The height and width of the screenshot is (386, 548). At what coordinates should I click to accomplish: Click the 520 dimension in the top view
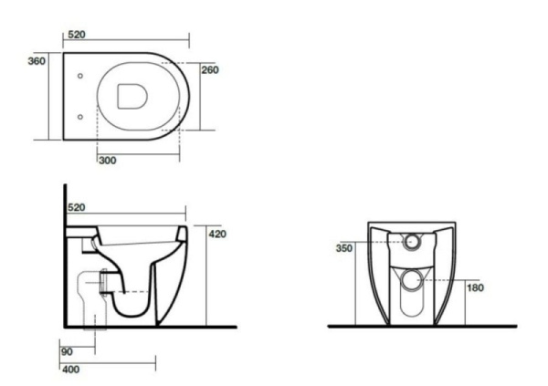77,33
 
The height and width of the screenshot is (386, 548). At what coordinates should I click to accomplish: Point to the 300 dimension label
107,161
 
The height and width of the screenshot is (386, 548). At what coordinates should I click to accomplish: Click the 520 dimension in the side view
77,208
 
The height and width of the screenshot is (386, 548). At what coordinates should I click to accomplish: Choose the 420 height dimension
217,234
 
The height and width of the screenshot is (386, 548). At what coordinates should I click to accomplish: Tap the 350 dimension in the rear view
344,247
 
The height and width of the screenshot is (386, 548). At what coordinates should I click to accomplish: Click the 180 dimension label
476,288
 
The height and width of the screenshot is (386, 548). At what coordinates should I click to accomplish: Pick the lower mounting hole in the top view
81,116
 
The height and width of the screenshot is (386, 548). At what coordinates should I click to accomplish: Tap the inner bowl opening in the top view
133,95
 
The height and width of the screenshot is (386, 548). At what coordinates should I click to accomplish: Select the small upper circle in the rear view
414,244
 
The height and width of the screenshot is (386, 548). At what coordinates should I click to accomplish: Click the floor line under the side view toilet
155,326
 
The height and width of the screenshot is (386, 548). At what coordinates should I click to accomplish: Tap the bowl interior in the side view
137,251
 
